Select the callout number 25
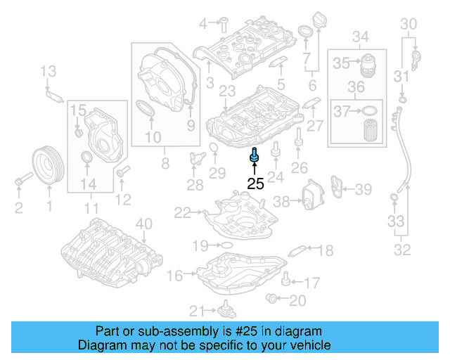pos(255,184)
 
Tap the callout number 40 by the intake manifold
pos(143,225)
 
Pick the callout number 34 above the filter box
pos(361,36)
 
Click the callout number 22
pos(182,212)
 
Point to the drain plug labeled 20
pos(271,300)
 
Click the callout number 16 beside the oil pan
pos(175,275)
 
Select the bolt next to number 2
pos(20,184)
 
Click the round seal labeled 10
pos(146,110)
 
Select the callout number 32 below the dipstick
pos(402,249)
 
